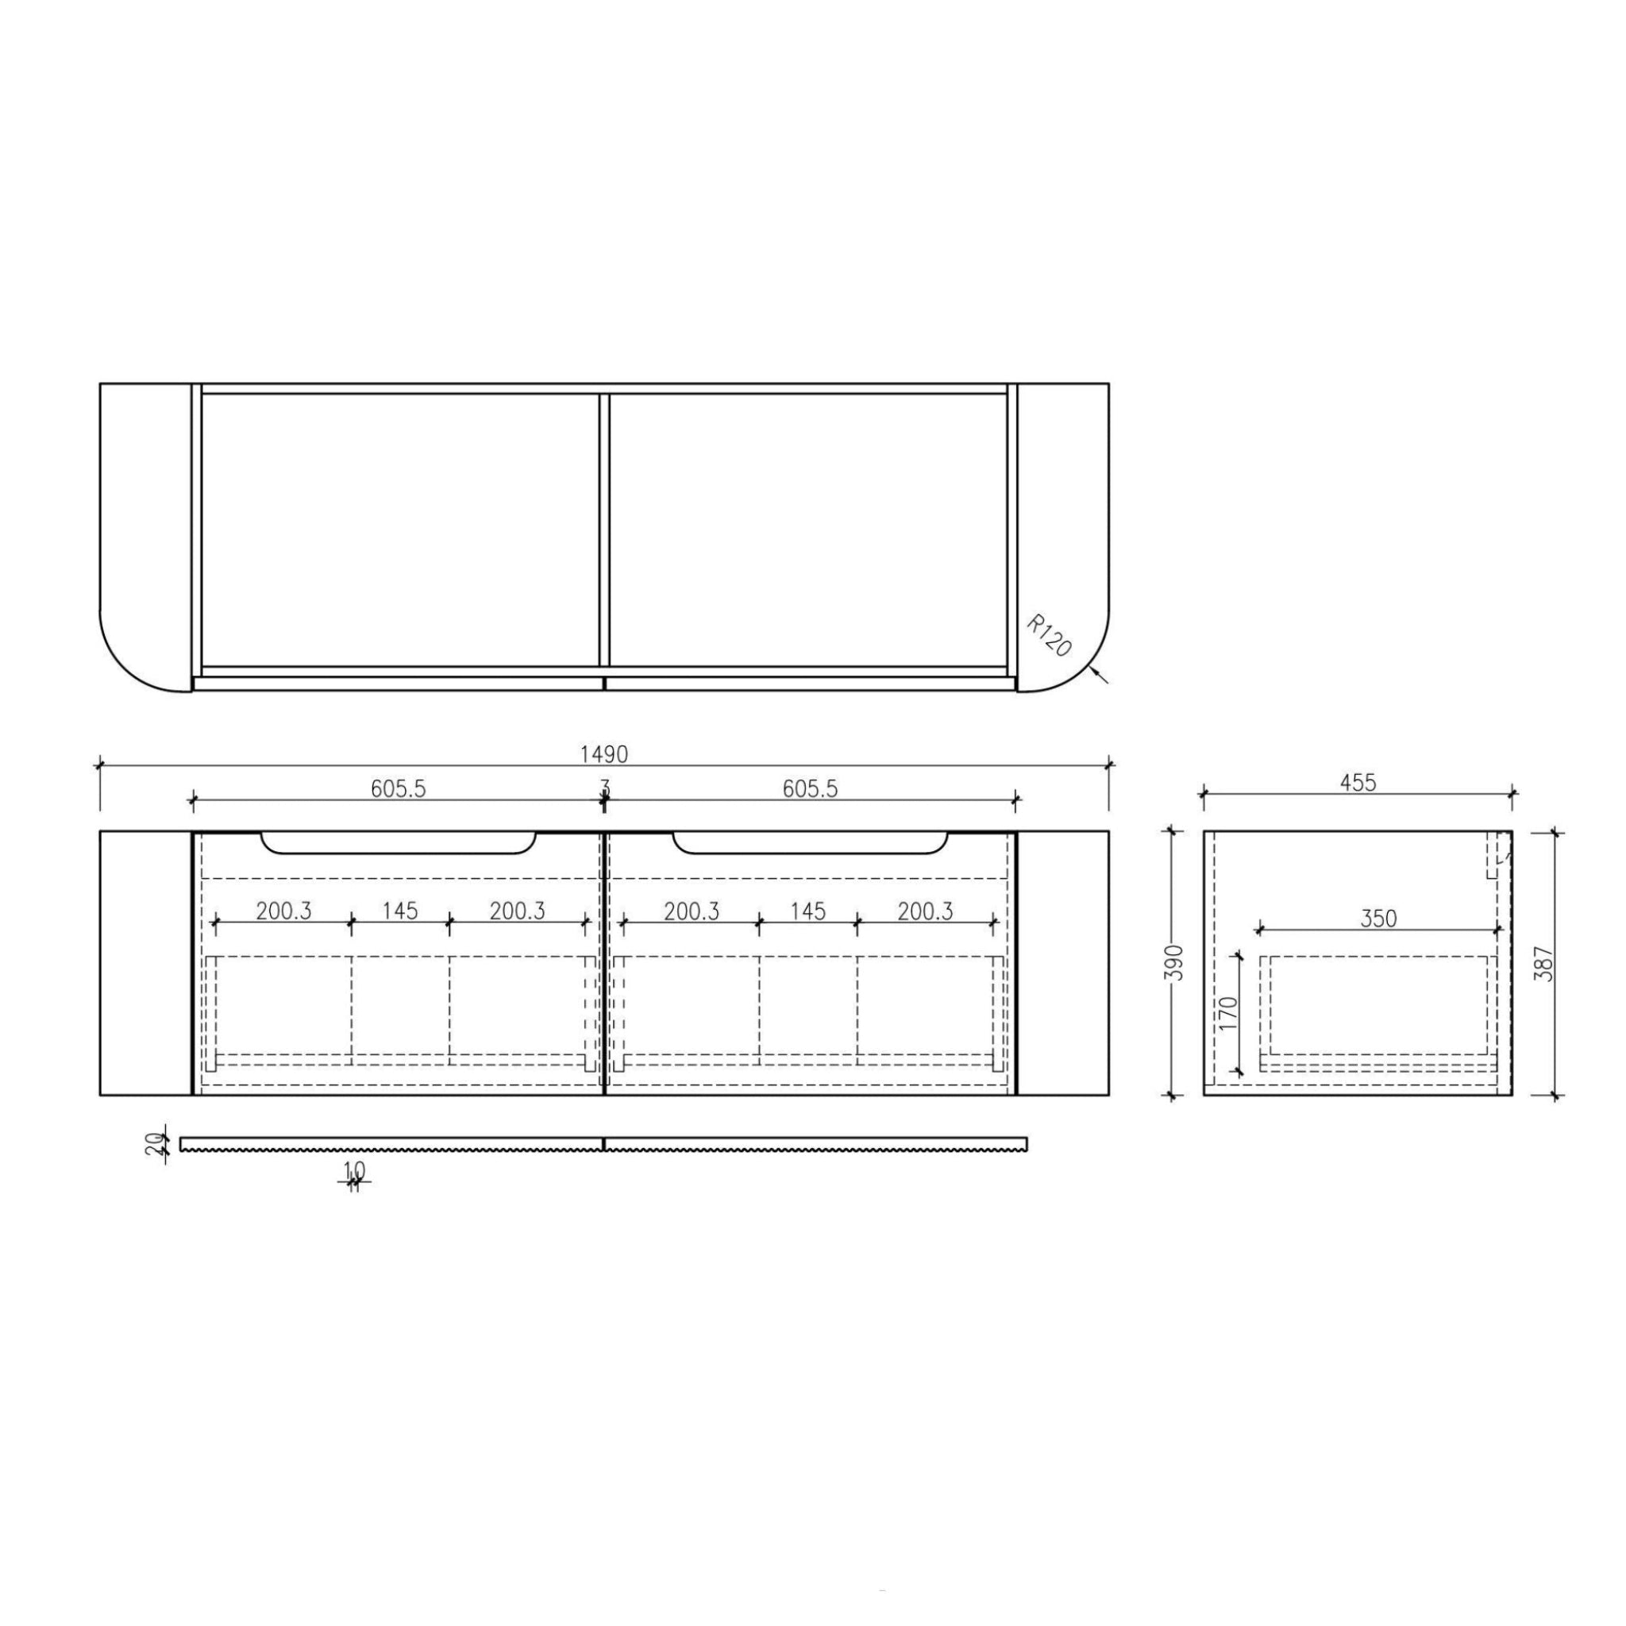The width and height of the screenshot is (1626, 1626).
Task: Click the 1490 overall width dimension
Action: point(603,754)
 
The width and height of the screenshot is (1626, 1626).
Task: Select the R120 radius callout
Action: point(1050,636)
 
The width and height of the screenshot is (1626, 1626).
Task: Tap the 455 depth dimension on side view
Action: point(1358,783)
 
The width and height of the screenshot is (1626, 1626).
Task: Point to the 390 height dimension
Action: point(1177,963)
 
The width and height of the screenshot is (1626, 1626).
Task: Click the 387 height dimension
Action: point(1543,963)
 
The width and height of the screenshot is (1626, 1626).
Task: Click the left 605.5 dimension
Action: point(398,788)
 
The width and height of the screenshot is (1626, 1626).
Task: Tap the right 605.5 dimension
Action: point(810,788)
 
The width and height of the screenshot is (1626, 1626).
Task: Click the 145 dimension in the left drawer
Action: point(400,911)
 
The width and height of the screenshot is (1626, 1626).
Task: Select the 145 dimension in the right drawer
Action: point(808,911)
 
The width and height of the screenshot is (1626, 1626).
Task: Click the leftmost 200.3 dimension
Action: point(283,911)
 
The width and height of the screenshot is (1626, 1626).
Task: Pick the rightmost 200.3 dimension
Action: point(925,911)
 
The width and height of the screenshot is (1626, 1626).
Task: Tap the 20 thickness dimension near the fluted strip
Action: point(153,1144)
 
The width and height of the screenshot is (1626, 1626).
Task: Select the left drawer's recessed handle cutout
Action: point(398,844)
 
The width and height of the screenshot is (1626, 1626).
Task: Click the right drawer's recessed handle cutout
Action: point(810,844)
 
